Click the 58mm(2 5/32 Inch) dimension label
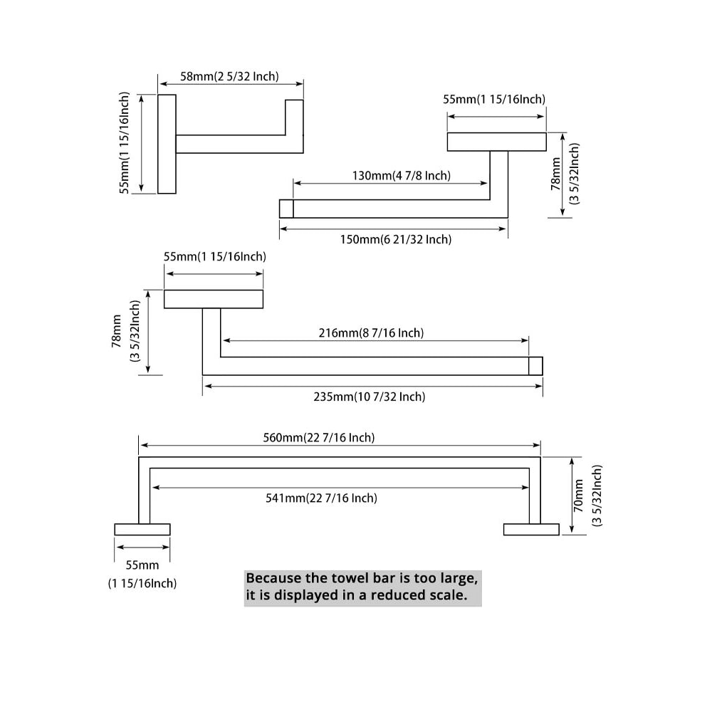pos(229,76)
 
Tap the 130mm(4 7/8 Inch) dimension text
pos(402,175)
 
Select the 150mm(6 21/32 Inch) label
pos(396,239)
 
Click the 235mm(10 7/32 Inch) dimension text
pos(370,397)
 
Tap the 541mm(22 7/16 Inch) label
pos(322,498)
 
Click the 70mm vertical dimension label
pos(578,496)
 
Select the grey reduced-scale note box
pos(362,587)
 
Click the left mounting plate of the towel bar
pos(142,529)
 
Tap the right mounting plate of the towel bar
pos(531,529)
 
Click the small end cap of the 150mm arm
pos(286,209)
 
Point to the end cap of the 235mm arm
pos(535,365)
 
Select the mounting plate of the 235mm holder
pos(214,299)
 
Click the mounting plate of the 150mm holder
pos(496,142)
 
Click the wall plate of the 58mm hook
pos(167,143)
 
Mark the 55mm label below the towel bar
pos(142,565)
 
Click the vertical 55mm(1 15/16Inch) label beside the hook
pos(125,142)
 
